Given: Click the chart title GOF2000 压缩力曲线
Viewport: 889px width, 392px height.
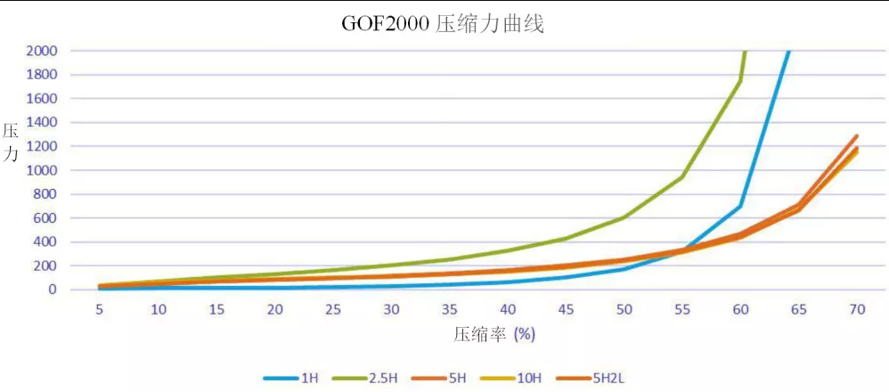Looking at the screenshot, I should pyautogui.click(x=443, y=24).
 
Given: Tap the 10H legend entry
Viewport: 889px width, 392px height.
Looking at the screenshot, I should pyautogui.click(x=529, y=378).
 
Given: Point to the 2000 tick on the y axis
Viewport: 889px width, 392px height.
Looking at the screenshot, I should pyautogui.click(x=42, y=51).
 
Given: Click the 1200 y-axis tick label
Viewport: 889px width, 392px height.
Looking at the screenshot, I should pyautogui.click(x=42, y=146).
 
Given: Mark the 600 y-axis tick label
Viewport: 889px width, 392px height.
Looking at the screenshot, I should pyautogui.click(x=45, y=217).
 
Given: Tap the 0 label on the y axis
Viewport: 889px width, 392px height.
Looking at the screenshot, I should pyautogui.click(x=53, y=290).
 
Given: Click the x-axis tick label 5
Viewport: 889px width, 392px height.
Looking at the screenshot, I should pyautogui.click(x=99, y=309).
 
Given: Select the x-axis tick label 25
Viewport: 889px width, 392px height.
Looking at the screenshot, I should pyautogui.click(x=332, y=309).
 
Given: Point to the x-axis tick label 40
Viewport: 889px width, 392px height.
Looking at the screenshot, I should pyautogui.click(x=508, y=309).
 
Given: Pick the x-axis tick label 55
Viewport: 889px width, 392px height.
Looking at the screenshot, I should pyautogui.click(x=682, y=309).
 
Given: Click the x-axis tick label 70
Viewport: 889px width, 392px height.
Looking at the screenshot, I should pyautogui.click(x=857, y=309).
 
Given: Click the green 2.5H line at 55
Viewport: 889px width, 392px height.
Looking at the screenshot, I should pyautogui.click(x=682, y=176).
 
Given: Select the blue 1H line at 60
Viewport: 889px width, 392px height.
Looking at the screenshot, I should pyautogui.click(x=740, y=206).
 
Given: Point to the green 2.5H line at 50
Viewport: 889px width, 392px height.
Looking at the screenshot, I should pyautogui.click(x=624, y=216).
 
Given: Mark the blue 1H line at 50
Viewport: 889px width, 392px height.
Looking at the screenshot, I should pyautogui.click(x=624, y=268).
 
